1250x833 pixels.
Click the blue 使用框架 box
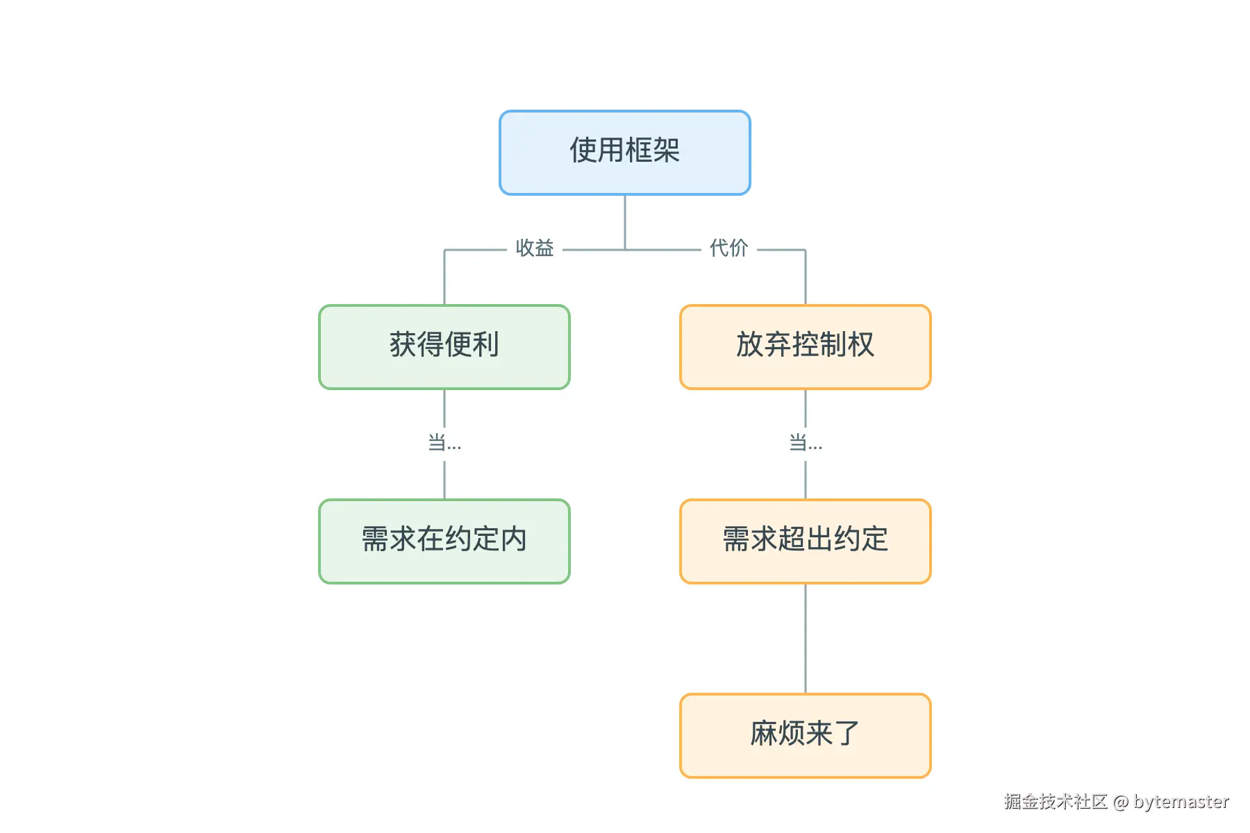click(625, 153)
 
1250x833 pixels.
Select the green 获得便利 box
click(444, 347)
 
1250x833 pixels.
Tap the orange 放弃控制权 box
click(806, 347)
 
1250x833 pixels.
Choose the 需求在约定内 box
click(444, 541)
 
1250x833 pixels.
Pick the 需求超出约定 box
click(806, 541)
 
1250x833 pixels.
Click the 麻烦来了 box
click(806, 736)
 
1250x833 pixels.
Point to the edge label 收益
click(535, 249)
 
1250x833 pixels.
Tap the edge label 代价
click(728, 249)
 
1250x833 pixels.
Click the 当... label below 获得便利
click(444, 443)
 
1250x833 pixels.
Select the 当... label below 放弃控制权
click(806, 443)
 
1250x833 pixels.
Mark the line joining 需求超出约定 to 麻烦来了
click(806, 639)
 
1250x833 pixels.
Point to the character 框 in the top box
click(639, 151)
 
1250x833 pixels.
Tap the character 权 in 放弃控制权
click(861, 345)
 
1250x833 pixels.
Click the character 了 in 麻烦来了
click(847, 734)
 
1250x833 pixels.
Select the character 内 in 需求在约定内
click(514, 539)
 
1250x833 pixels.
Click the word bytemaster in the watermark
click(1181, 802)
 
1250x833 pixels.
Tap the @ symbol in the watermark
click(1121, 802)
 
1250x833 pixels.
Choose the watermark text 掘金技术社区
click(1056, 802)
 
